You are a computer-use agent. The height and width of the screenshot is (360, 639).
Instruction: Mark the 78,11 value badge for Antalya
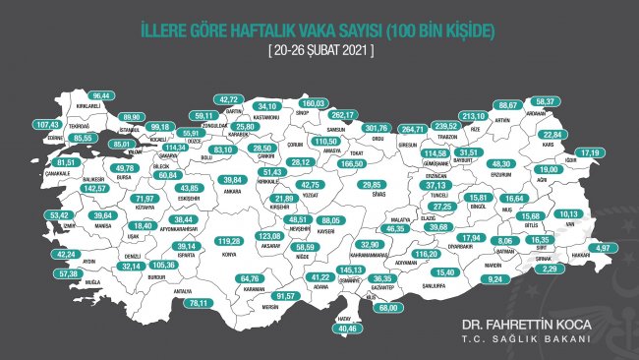point(203,303)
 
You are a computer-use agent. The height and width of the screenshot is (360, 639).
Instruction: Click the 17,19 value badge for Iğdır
point(590,153)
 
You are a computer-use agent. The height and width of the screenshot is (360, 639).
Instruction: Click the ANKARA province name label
point(233,193)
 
